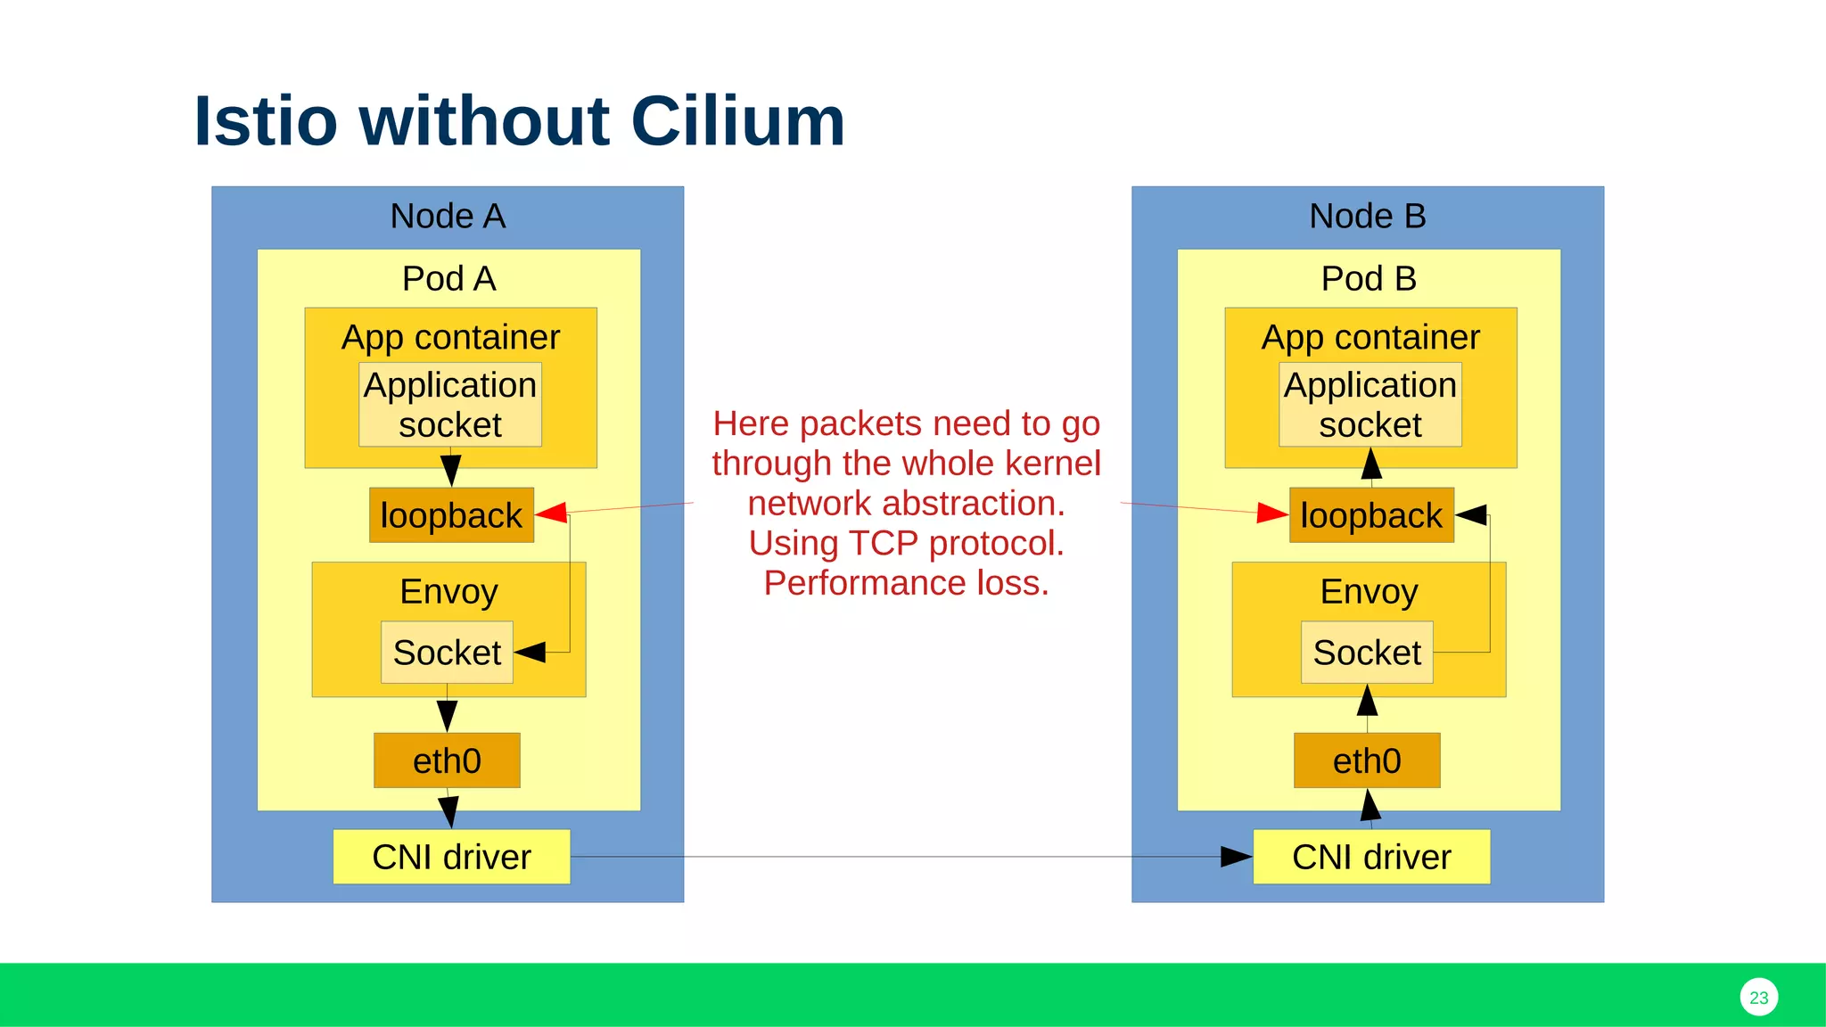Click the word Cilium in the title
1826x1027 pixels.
[x=737, y=121]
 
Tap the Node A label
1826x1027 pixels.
[x=448, y=217]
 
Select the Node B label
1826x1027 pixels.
[x=1367, y=217]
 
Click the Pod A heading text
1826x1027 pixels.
[x=448, y=279]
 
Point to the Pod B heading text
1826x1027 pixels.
[x=1369, y=279]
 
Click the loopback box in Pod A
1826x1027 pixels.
[x=451, y=515]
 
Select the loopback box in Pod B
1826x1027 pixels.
[x=1371, y=515]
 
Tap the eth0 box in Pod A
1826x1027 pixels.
[x=447, y=760]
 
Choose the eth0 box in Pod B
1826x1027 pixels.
[x=1367, y=760]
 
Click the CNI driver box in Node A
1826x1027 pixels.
[x=451, y=857]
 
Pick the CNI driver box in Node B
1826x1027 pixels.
[x=1371, y=857]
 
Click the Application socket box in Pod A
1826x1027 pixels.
[x=450, y=405]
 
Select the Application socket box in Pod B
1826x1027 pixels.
[x=1370, y=405]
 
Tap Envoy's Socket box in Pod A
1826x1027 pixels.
[x=447, y=653]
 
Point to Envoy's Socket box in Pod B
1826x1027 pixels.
[x=1367, y=653]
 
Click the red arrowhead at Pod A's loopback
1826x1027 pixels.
[x=552, y=512]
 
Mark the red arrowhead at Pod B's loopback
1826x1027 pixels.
[x=1272, y=513]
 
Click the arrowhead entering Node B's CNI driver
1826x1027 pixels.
[x=1237, y=857]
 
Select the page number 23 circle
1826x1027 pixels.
[x=1758, y=997]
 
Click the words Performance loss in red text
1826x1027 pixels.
[x=906, y=583]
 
